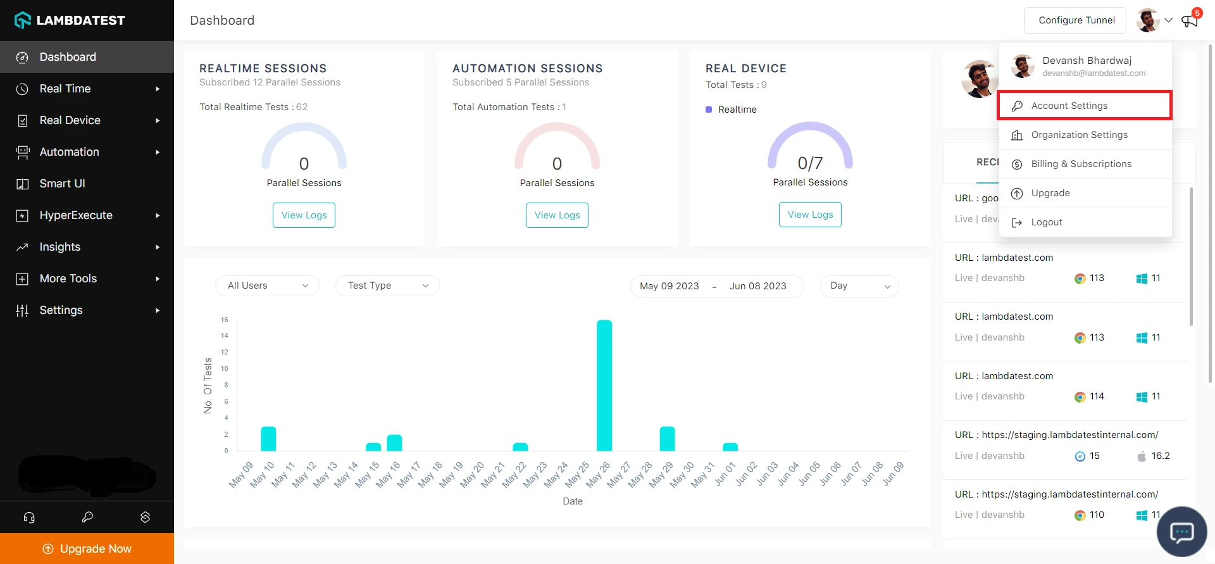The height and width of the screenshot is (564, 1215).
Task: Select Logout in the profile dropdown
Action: [x=1046, y=222]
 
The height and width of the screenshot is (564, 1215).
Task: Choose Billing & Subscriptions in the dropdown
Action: [x=1081, y=164]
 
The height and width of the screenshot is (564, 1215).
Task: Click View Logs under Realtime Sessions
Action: [x=304, y=215]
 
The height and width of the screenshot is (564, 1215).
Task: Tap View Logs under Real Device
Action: [x=810, y=215]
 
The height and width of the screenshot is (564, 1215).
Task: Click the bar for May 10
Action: [x=268, y=439]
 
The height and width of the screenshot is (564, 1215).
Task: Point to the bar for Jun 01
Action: [x=730, y=447]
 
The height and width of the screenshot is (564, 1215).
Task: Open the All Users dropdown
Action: [x=267, y=285]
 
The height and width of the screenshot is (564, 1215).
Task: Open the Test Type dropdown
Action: [x=387, y=285]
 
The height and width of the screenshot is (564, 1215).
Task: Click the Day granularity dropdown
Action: [x=859, y=285]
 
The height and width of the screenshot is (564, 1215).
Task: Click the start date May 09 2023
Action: [x=669, y=286]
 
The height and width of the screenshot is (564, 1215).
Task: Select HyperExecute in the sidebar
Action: [x=76, y=215]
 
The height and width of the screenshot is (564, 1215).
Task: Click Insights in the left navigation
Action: [x=60, y=247]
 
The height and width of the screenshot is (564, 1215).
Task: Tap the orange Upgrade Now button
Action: [x=87, y=549]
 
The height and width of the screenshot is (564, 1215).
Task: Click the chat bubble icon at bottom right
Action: [x=1181, y=532]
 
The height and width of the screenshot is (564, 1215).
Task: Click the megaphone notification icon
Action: [x=1190, y=20]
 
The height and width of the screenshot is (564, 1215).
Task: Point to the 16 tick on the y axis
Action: [x=225, y=320]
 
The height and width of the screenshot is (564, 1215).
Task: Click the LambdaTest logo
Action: [x=70, y=20]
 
